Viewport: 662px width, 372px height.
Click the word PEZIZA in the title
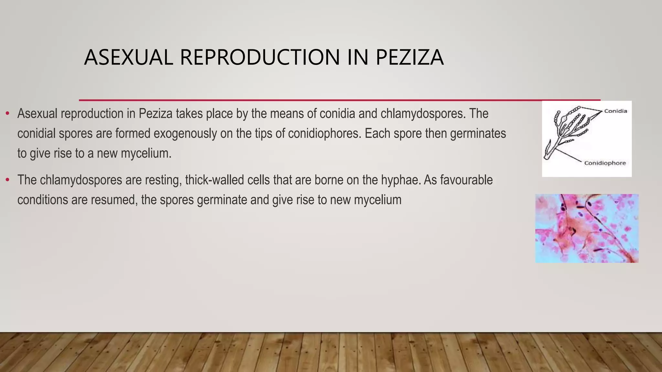pos(410,57)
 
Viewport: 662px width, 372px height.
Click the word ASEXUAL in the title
pos(128,57)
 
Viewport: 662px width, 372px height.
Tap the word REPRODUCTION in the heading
pos(260,57)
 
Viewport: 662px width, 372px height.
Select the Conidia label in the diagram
pos(615,111)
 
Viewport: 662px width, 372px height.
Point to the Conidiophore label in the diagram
pos(605,163)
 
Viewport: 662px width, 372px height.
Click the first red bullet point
pos(7,114)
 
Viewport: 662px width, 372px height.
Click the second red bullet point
pos(7,180)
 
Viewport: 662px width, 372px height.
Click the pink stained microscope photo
pos(586,228)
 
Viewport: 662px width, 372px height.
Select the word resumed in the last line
pos(115,200)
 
